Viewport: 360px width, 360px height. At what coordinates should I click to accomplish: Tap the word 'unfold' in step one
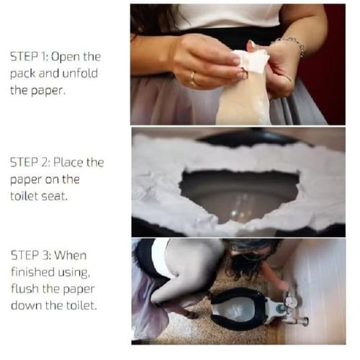80,73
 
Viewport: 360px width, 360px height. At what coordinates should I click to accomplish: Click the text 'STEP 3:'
30,255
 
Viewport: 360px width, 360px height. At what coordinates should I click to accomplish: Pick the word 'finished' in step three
33,272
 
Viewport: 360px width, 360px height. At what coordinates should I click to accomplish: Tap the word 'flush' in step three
25,289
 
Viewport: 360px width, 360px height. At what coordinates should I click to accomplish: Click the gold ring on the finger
193,78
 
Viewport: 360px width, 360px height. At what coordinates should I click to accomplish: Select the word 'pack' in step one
23,73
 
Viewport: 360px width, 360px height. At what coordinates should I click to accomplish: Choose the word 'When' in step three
71,255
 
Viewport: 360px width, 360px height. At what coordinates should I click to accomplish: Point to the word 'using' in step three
73,273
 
